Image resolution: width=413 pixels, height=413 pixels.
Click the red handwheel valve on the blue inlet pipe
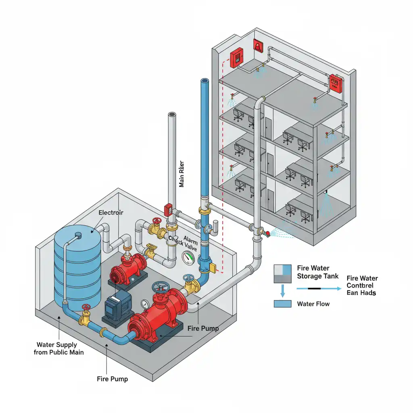click(86, 308)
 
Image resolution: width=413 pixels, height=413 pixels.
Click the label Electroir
click(111, 212)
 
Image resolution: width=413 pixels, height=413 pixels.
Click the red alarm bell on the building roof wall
click(257, 45)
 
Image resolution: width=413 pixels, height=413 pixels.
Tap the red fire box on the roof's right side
click(335, 82)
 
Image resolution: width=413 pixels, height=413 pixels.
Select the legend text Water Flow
click(313, 304)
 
